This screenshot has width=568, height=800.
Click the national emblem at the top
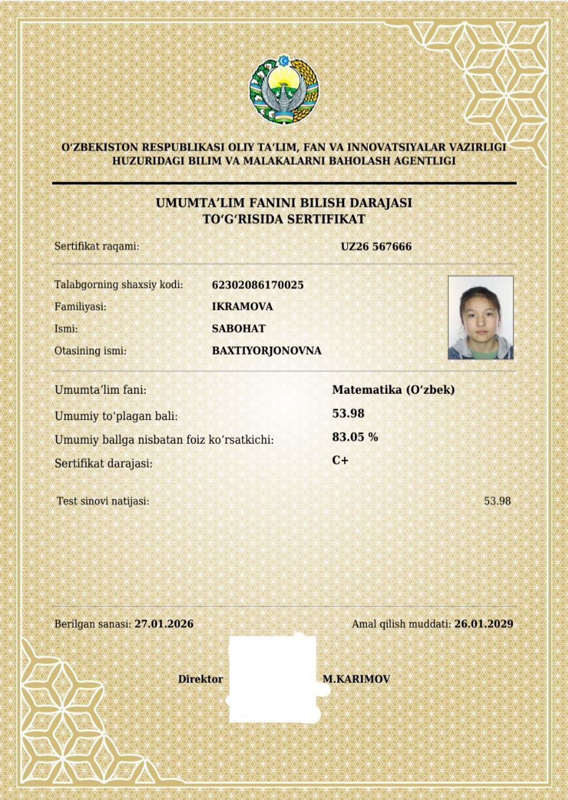click(284, 89)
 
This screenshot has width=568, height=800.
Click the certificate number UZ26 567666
click(376, 246)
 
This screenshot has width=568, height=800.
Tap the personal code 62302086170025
click(258, 285)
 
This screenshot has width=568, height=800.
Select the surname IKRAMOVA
click(242, 307)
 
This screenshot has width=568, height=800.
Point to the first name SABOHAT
click(239, 329)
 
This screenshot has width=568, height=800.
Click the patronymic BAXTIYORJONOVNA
click(266, 351)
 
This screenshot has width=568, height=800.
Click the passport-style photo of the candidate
click(480, 317)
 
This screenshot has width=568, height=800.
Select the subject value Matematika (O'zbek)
click(393, 389)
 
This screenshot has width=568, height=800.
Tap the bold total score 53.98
click(348, 413)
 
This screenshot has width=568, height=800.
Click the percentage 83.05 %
click(355, 437)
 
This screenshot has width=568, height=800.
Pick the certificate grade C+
click(340, 461)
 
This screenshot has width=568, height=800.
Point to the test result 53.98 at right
click(497, 501)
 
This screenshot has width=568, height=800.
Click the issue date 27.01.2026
click(164, 624)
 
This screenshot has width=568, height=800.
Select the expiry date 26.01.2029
click(484, 624)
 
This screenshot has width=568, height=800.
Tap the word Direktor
click(200, 679)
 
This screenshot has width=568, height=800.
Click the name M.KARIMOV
click(356, 679)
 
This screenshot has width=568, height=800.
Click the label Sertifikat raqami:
click(97, 246)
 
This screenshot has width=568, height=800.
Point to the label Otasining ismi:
click(91, 351)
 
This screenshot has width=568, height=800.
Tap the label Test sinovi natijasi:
click(103, 501)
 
